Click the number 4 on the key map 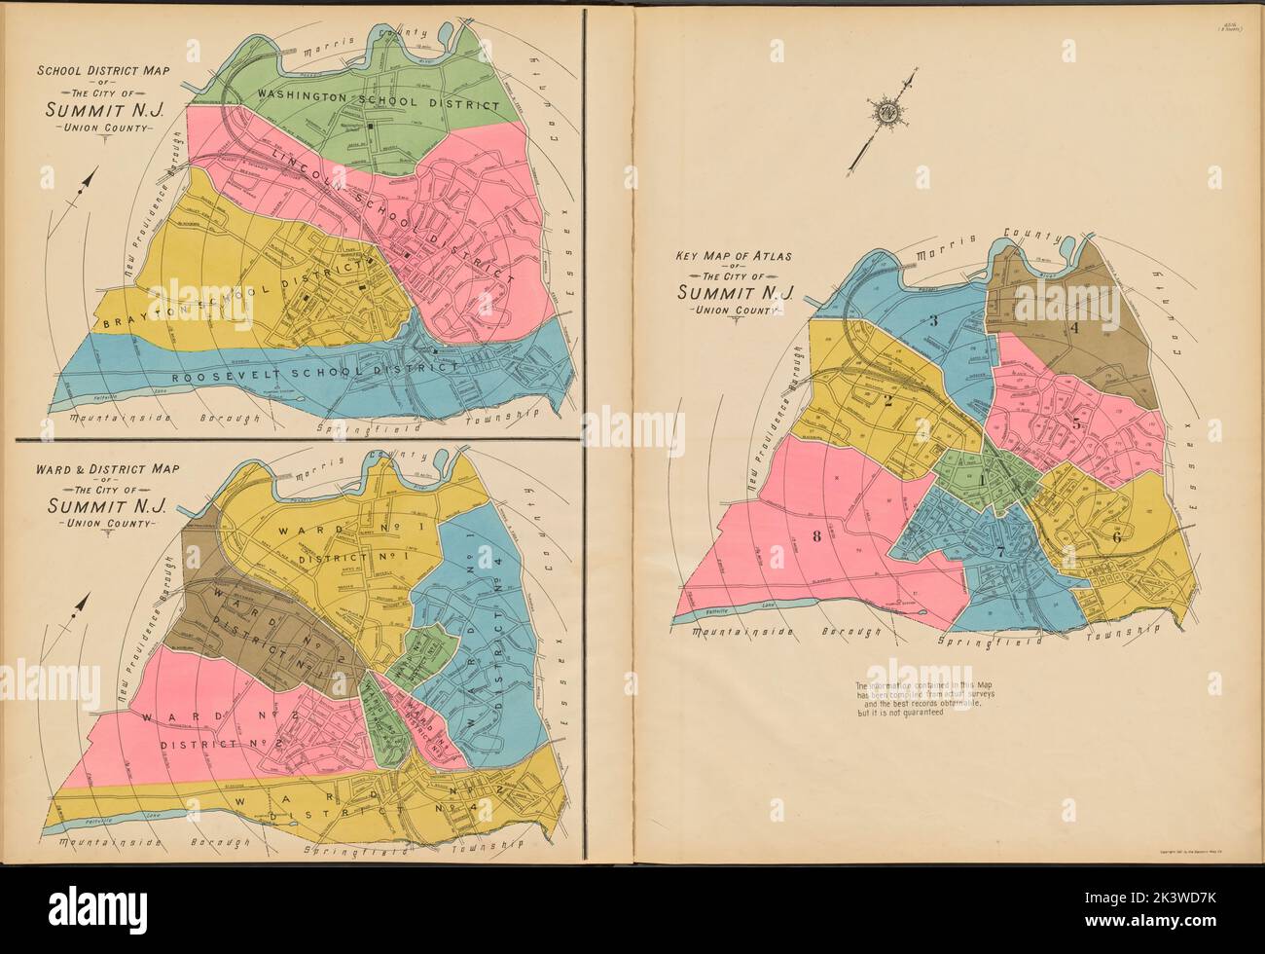point(1074,328)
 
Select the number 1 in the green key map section point(983,479)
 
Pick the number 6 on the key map point(1116,537)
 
